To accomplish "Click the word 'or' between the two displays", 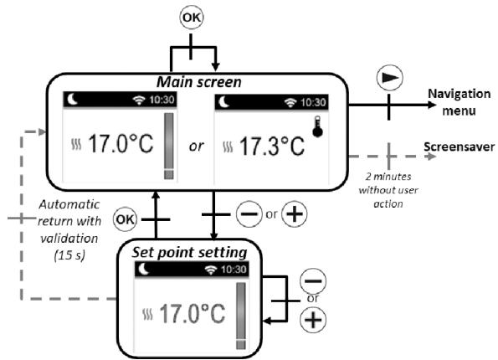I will [x=195, y=146].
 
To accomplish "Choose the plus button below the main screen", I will [x=294, y=213].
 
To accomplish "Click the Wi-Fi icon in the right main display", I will [x=291, y=102].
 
